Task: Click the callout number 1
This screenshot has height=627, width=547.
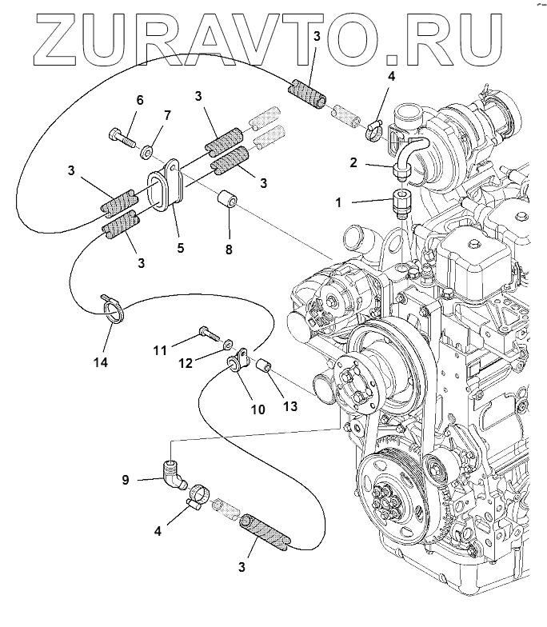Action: click(338, 203)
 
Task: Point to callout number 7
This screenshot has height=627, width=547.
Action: click(166, 116)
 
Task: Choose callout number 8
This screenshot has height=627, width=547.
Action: click(230, 250)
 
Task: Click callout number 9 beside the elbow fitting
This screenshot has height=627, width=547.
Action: click(126, 480)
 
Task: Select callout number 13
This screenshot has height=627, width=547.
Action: click(289, 406)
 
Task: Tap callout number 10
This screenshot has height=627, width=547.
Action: click(258, 410)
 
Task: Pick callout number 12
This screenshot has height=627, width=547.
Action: click(186, 363)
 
